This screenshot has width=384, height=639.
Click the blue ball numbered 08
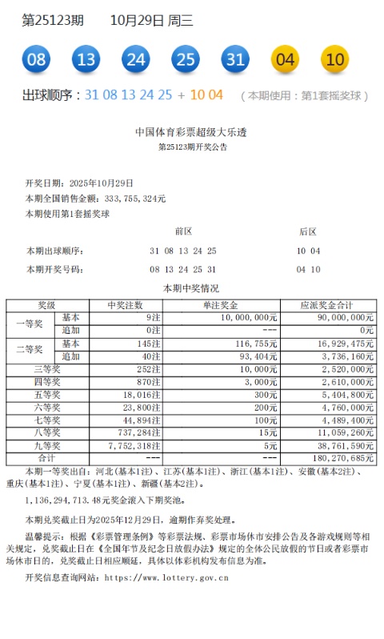tap(36, 59)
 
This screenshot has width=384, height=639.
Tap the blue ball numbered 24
tap(136, 59)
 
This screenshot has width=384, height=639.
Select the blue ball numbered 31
tap(234, 59)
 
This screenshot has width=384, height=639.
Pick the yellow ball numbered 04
tap(286, 59)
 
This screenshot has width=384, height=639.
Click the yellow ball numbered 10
tap(334, 59)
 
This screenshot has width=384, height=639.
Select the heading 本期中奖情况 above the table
tap(192, 288)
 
